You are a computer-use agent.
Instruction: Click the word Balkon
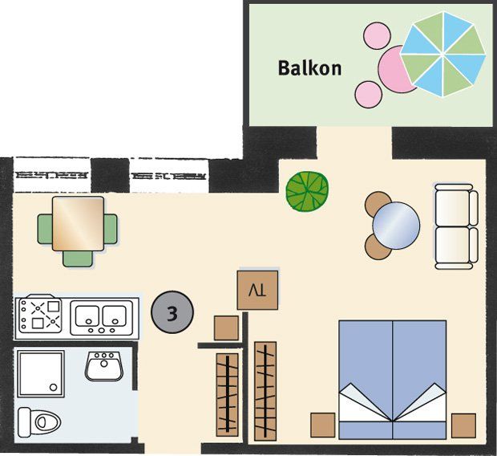point(309,68)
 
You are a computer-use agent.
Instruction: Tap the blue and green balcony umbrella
point(443,55)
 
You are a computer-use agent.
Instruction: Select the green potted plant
point(307,192)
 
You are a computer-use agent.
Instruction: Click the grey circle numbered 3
point(172,312)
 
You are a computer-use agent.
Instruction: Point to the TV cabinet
point(257,290)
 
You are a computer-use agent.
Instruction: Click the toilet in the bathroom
point(39,422)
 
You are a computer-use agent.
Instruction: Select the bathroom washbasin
point(104,366)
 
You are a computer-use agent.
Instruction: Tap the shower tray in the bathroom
point(41,373)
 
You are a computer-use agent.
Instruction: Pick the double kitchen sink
point(102,318)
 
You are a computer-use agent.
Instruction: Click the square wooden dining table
point(79,223)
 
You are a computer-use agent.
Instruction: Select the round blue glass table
point(396,226)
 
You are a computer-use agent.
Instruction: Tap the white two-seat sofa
point(456,226)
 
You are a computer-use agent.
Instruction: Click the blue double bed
point(393,380)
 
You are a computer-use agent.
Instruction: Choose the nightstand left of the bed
point(323,425)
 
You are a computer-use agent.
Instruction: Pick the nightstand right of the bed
point(463,425)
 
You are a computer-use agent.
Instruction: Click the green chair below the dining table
point(78,259)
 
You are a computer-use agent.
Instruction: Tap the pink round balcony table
point(396,69)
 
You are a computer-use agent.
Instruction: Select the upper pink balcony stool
point(377,35)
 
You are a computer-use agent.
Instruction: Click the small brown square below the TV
point(226,328)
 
